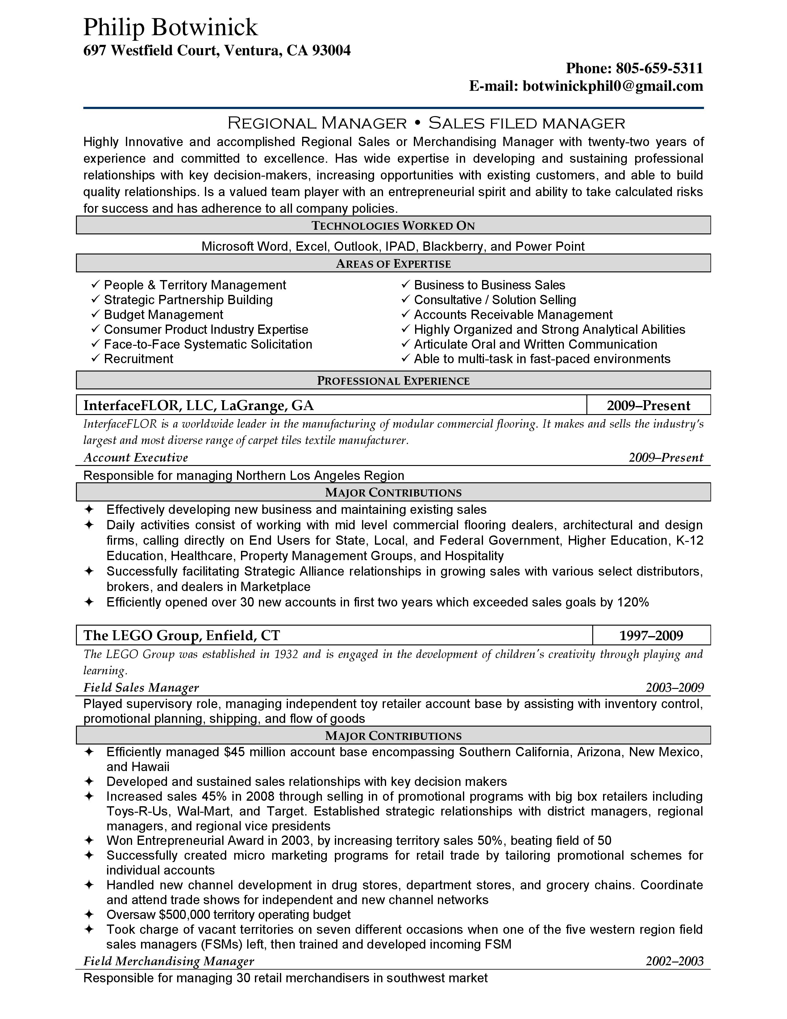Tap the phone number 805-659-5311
659,69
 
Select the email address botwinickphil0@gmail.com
613,86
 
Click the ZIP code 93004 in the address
331,50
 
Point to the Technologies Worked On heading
393,226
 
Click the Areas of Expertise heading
393,264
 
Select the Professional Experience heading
393,381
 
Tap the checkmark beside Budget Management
96,314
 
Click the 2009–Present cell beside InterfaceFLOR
648,405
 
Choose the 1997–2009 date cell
651,635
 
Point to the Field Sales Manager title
141,688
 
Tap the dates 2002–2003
674,961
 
